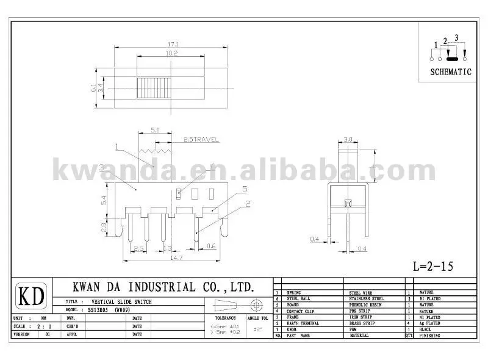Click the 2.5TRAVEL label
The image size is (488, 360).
(200, 140)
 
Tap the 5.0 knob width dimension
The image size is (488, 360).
(155, 131)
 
